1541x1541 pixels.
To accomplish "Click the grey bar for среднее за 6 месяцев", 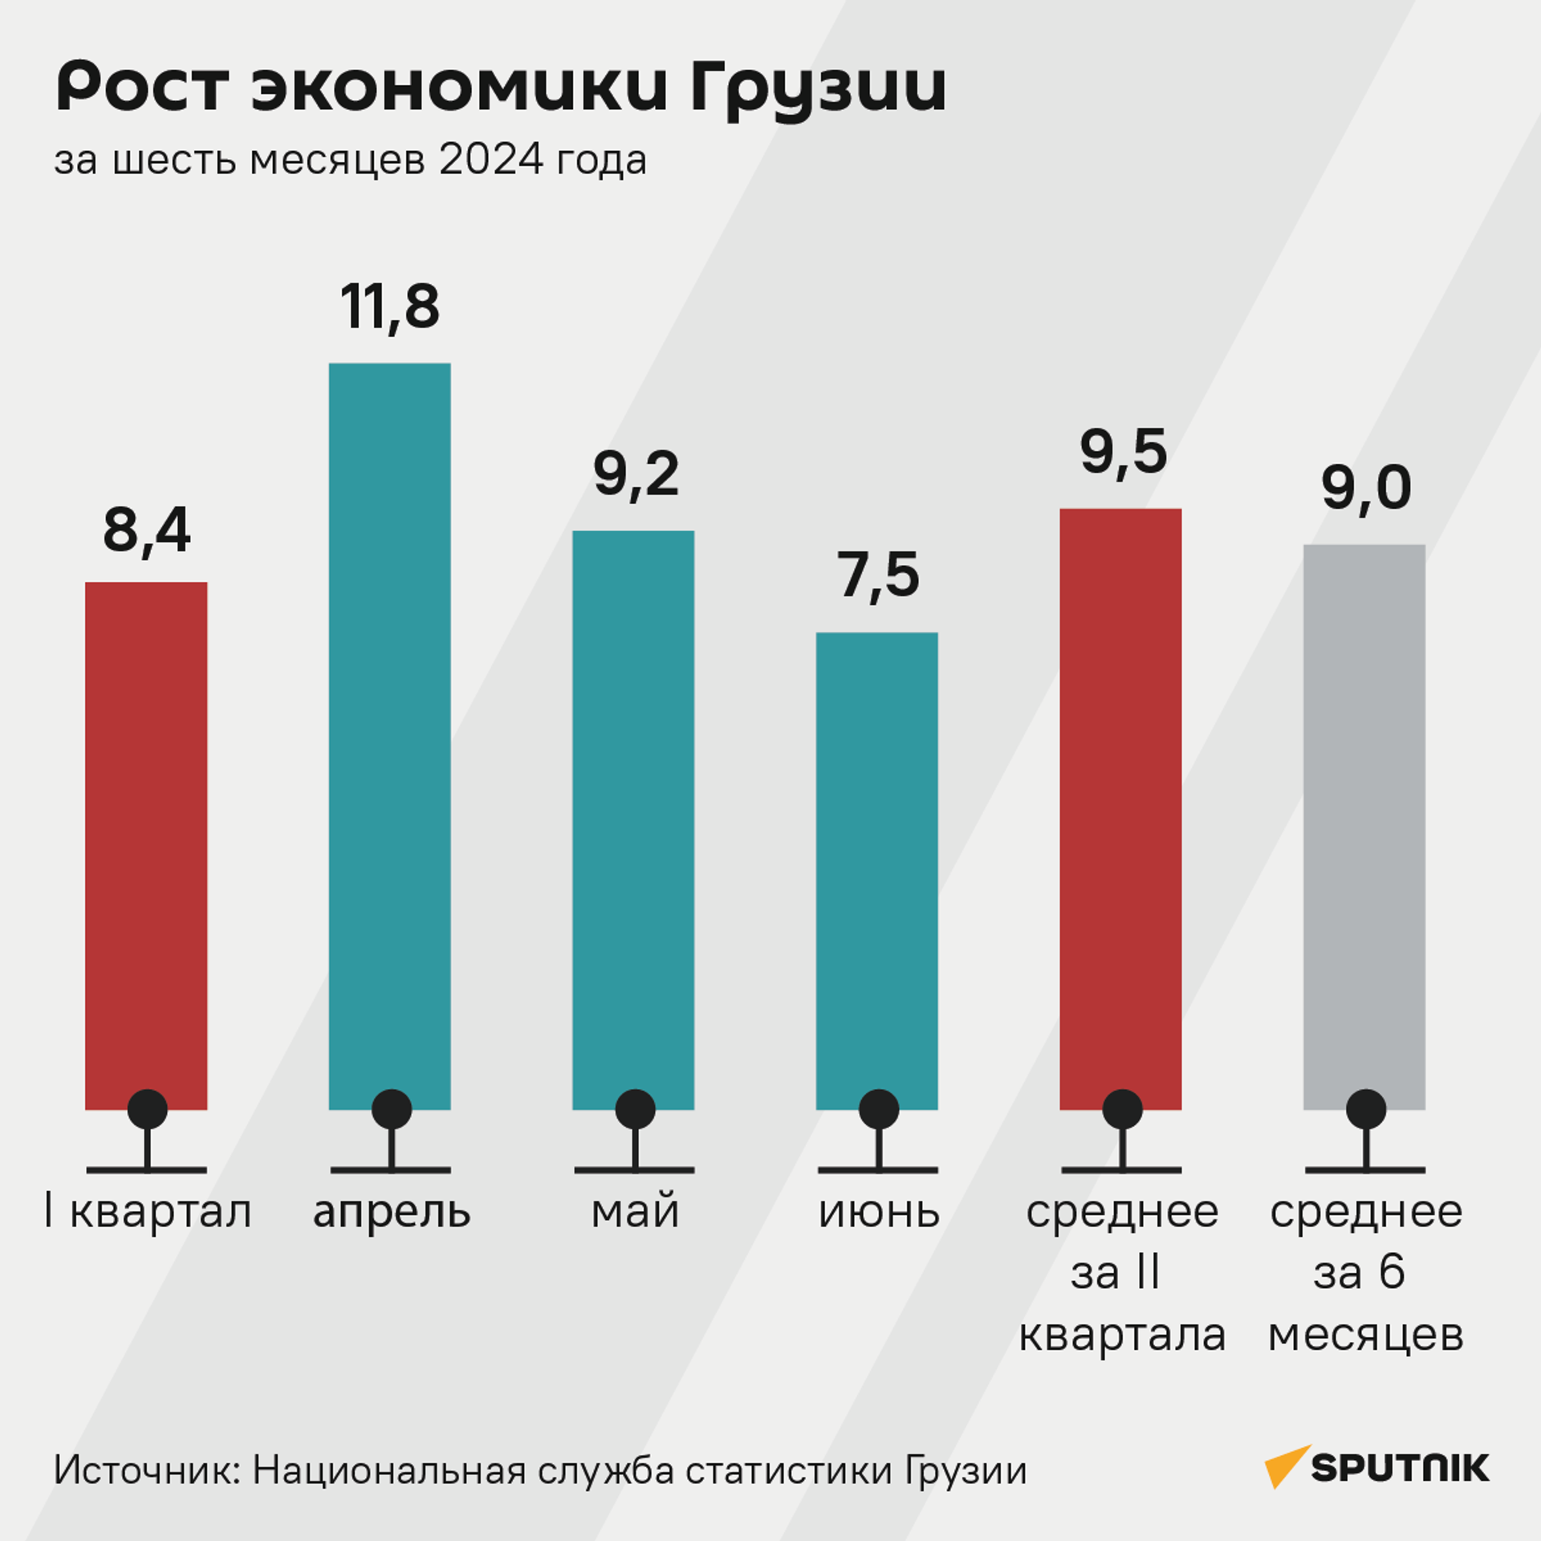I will click(x=1364, y=819).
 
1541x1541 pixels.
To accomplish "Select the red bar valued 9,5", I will click(x=1120, y=803).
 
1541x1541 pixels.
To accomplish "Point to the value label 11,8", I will click(x=390, y=307).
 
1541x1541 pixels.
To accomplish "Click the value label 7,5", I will click(x=878, y=576).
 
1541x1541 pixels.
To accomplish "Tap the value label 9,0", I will click(x=1365, y=488).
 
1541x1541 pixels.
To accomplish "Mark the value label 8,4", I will click(x=147, y=531).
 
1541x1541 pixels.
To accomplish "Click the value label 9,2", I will click(x=636, y=475).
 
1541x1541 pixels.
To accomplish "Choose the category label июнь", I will click(x=879, y=1212).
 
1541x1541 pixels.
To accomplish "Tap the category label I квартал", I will click(x=148, y=1212).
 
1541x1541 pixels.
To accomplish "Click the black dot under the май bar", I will click(x=635, y=1109).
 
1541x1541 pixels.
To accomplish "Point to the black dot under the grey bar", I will click(x=1366, y=1109).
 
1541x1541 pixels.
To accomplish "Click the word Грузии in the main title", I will click(x=818, y=88).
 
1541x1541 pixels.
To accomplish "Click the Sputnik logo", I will click(x=1376, y=1468).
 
